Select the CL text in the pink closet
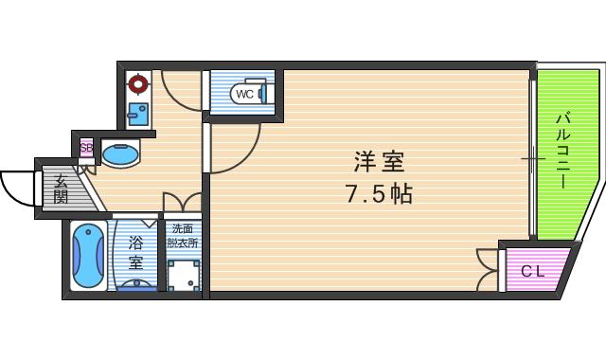pos(533,272)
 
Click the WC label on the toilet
pos(243,94)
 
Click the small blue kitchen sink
pos(138,116)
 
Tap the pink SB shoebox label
pos(86,148)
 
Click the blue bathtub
pos(88,257)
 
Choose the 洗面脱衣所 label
pos(183,235)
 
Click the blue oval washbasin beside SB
pos(119,153)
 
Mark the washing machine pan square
pos(184,273)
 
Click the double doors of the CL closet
pos(490,269)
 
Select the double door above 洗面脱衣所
pos(182,203)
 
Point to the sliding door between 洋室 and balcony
pos(531,156)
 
